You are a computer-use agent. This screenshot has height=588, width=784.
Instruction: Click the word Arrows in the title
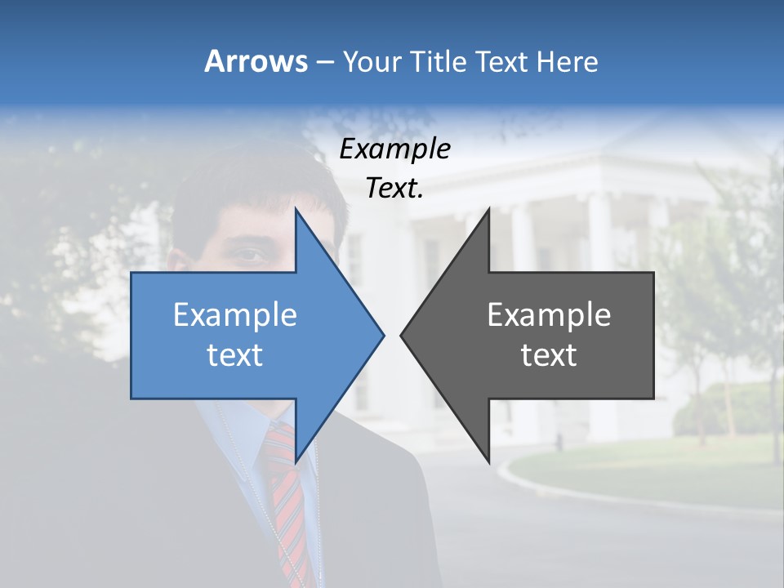click(x=256, y=61)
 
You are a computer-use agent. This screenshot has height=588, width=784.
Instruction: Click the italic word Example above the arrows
click(x=394, y=149)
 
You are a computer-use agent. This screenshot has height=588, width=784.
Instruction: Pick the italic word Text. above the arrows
click(x=394, y=188)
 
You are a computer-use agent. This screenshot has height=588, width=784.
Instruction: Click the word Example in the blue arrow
click(x=234, y=314)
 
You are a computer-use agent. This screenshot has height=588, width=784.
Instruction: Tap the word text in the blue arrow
click(x=234, y=354)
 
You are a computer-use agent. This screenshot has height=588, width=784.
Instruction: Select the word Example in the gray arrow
click(x=549, y=314)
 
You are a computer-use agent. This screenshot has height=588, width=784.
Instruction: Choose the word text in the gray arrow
click(x=549, y=354)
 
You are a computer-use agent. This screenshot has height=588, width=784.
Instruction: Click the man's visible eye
click(x=250, y=256)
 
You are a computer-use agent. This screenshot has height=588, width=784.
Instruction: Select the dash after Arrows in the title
click(x=324, y=62)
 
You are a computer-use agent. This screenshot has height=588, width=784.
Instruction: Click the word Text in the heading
click(x=502, y=61)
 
